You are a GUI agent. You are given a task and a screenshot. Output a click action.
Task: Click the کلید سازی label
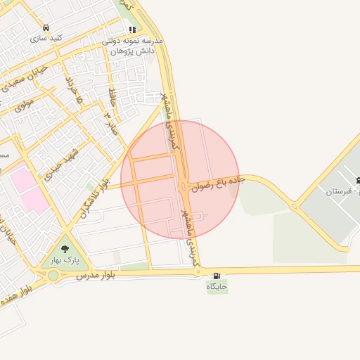click(47, 38)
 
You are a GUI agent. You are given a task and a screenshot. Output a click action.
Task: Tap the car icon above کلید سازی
click(46, 27)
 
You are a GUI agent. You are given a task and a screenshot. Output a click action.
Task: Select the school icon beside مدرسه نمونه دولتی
click(131, 30)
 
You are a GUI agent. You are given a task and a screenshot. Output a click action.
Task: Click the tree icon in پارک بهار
click(65, 249)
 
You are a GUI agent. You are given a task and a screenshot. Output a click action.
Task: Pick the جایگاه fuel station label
click(217, 286)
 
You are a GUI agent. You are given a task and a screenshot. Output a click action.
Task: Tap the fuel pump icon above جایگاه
click(216, 275)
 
